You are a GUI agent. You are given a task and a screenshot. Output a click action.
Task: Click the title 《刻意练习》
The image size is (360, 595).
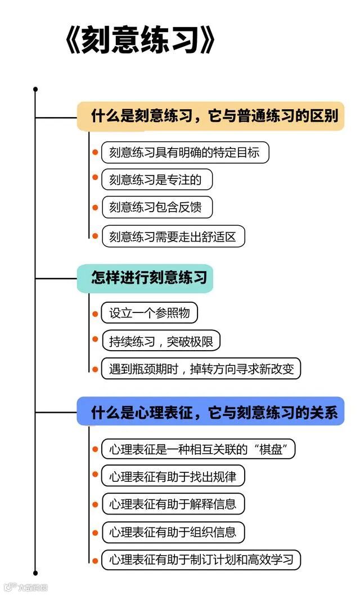click(140, 43)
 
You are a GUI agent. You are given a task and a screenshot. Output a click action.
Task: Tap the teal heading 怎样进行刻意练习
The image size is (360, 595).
click(145, 278)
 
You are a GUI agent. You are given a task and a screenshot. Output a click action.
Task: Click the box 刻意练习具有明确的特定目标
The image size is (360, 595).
click(184, 153)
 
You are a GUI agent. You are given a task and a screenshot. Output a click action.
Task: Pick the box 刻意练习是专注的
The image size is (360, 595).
click(157, 180)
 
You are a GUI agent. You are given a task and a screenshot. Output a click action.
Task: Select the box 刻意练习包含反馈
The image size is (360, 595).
click(157, 208)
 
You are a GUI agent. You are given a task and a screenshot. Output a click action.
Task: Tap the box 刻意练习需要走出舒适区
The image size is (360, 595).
click(173, 236)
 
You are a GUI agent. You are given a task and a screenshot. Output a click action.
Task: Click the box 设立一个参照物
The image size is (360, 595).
click(149, 314)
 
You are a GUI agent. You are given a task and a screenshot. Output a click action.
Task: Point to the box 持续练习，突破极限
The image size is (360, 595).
click(160, 341)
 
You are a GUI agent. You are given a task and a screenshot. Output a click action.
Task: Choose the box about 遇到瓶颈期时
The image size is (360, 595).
click(201, 369)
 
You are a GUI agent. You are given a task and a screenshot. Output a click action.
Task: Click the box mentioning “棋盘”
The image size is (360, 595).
click(198, 449)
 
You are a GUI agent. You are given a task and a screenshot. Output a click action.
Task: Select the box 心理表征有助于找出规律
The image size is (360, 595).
click(173, 477)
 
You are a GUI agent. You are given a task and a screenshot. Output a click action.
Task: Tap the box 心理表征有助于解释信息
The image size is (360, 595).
click(173, 504)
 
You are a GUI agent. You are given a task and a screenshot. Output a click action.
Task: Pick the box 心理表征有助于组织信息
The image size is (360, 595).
click(173, 532)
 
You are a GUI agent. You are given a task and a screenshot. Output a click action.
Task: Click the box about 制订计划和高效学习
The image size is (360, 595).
click(201, 560)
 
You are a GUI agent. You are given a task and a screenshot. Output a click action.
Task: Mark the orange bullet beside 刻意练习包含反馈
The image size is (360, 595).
click(95, 208)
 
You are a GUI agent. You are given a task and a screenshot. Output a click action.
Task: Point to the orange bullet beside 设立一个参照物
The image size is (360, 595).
click(95, 314)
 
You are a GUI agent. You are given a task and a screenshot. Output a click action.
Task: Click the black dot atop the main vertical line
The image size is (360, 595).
click(35, 89)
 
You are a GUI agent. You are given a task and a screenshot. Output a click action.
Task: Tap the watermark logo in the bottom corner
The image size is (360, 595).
click(25, 587)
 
